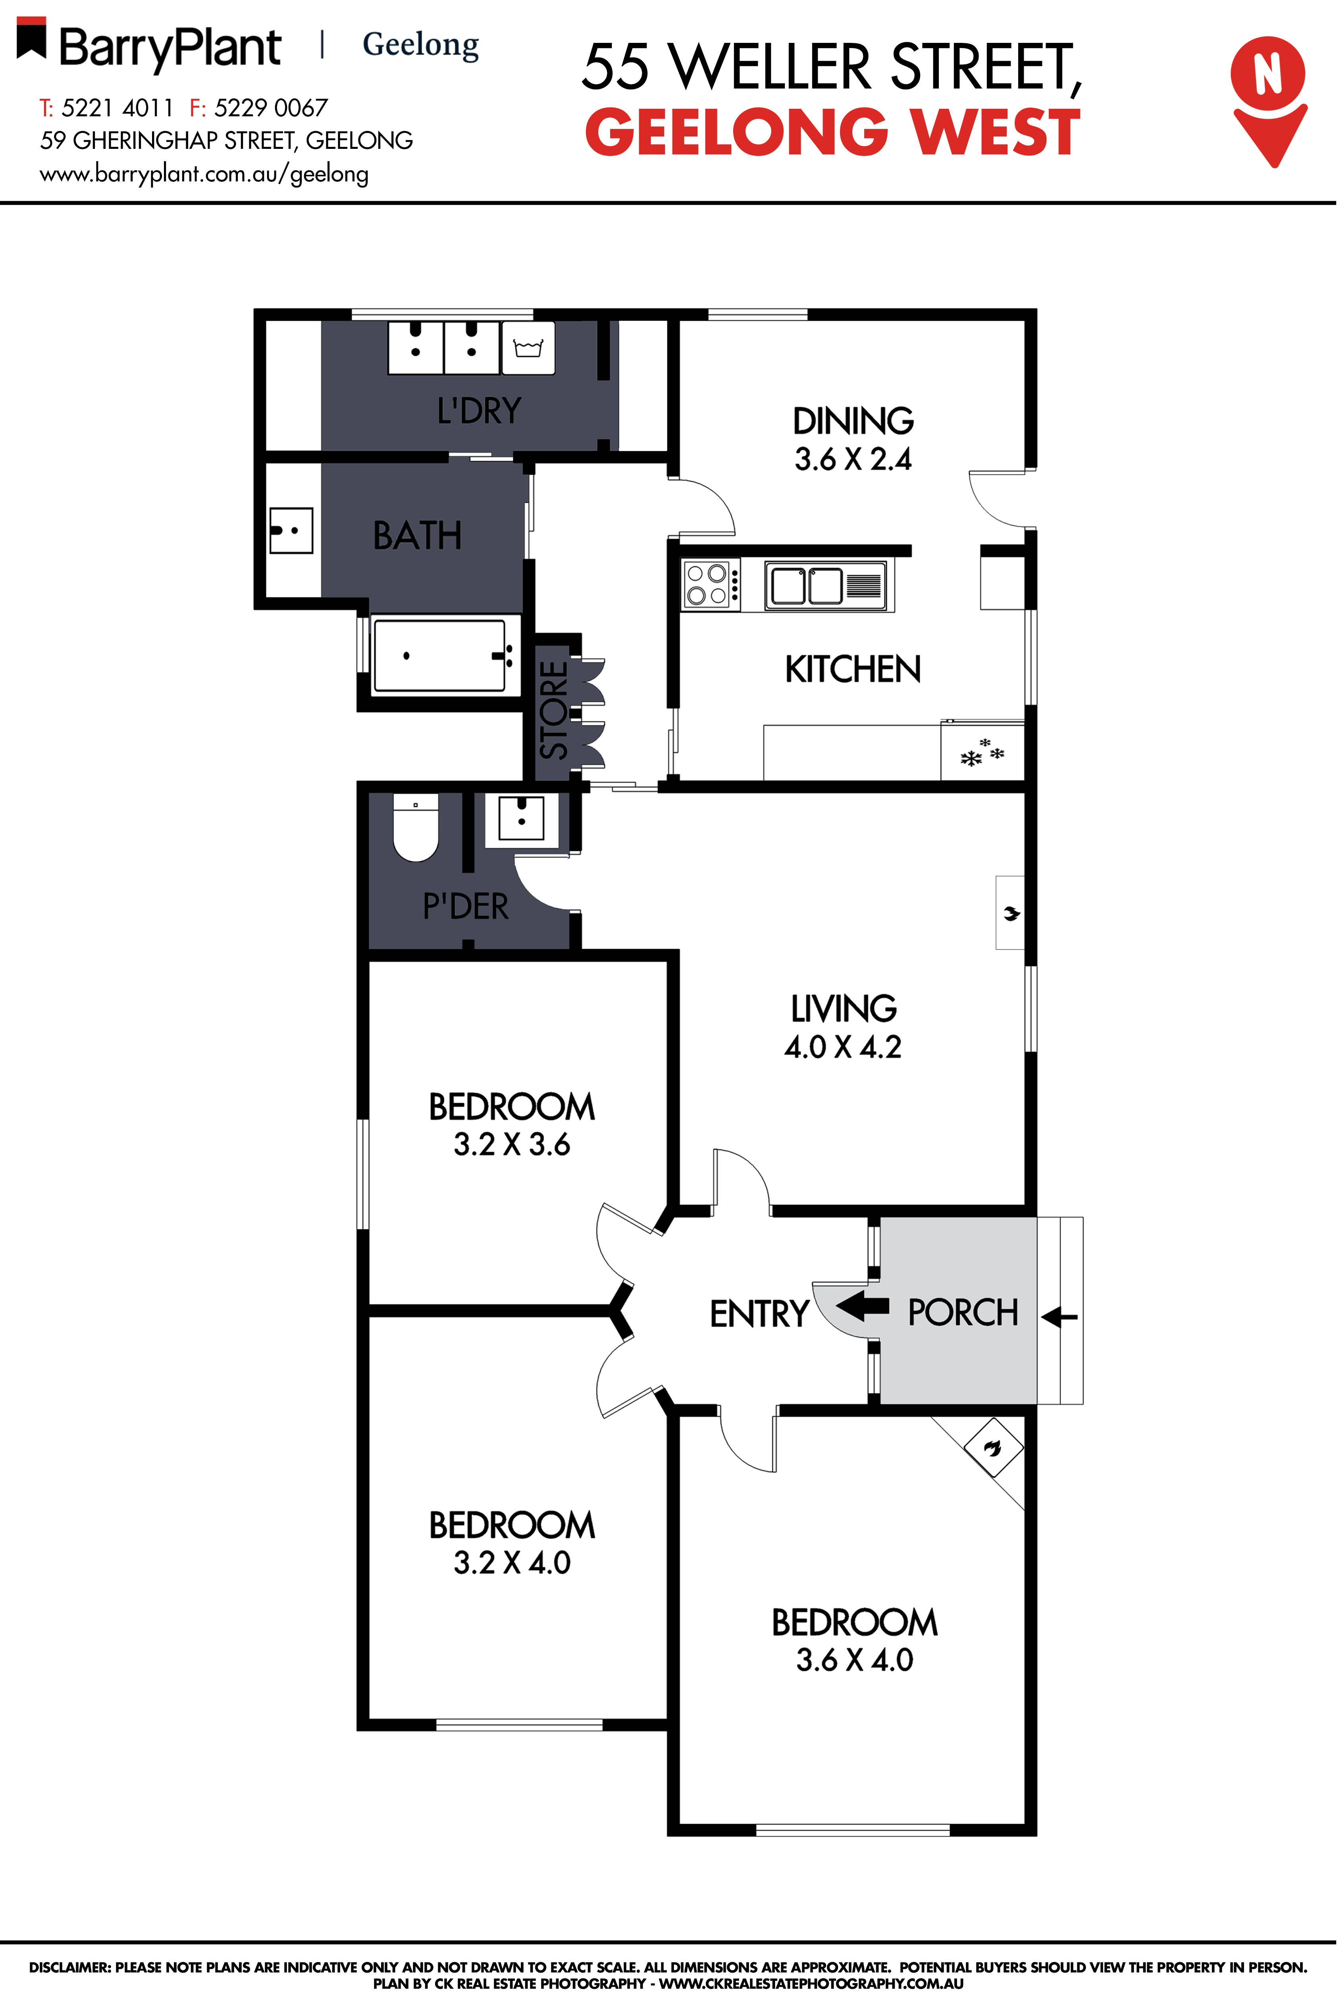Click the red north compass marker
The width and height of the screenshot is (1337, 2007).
coord(1268,98)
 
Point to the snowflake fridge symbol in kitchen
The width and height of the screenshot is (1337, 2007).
coord(982,752)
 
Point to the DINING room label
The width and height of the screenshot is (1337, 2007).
coord(853,420)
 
